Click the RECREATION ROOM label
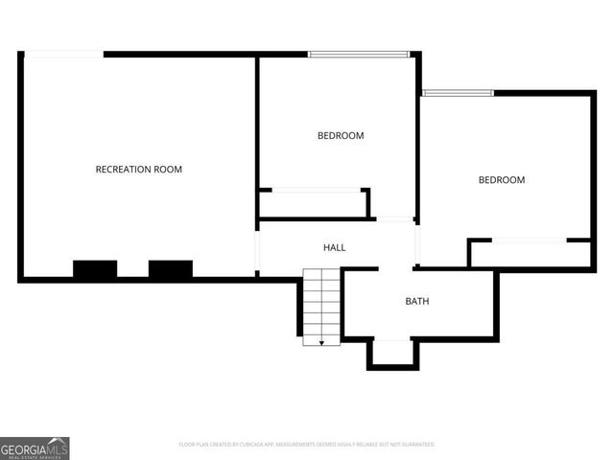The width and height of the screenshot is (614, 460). (138, 170)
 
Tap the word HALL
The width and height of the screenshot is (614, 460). (334, 247)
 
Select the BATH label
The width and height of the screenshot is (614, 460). (417, 301)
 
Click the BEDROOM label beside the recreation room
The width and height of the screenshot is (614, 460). (341, 136)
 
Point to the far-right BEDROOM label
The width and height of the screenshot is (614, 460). (502, 180)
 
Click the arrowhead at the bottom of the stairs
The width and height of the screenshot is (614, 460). (321, 340)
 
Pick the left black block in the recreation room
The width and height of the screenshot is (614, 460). (95, 269)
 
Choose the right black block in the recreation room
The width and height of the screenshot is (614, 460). (170, 269)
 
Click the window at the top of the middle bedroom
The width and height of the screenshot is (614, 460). (359, 54)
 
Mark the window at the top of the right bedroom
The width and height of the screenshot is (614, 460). (458, 93)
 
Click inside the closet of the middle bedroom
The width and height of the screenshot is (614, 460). (315, 204)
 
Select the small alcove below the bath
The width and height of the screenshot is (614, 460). (393, 353)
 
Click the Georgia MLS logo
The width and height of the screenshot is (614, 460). (35, 448)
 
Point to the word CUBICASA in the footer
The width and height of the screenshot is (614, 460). (246, 445)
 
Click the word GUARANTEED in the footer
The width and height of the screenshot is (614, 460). (418, 445)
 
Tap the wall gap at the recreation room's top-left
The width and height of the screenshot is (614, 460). (62, 54)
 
